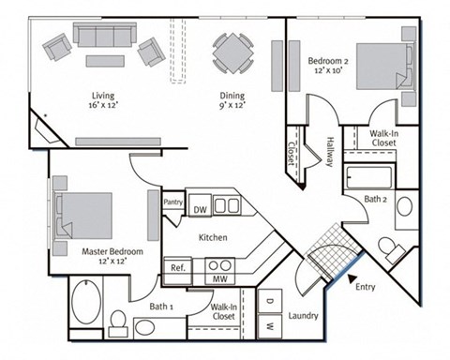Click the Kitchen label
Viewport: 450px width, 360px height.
coord(213,237)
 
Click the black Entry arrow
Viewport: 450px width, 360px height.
coord(351,278)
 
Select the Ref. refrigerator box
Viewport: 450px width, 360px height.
coord(177,267)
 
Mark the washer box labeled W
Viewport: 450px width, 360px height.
coord(269,327)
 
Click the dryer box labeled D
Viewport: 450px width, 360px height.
coord(269,303)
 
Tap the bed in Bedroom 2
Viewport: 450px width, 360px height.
coord(385,65)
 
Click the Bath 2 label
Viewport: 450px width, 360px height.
coord(377,198)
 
